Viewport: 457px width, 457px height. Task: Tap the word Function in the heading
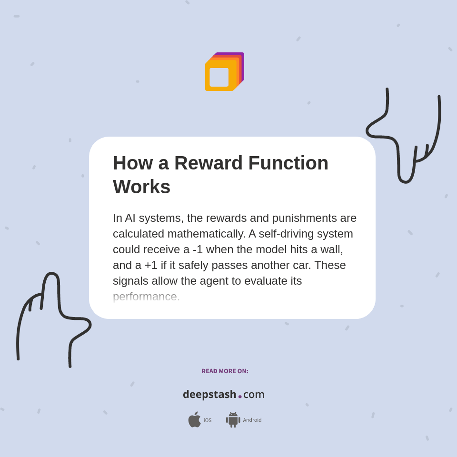288,163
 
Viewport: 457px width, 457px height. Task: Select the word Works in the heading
141,187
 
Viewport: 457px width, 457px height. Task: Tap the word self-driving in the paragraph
281,234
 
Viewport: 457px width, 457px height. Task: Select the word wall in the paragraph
332,249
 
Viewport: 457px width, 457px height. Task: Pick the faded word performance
146,297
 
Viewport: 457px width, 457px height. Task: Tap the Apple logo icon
194,419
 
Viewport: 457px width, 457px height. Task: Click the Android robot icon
233,419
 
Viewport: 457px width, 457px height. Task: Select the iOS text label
208,420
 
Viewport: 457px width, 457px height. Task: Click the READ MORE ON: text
225,371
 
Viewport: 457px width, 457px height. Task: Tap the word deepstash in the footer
209,395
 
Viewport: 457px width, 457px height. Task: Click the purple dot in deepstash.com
240,397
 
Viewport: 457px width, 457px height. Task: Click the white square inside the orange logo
219,77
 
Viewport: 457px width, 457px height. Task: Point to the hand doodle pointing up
52,314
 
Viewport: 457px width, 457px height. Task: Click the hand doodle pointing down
405,138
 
